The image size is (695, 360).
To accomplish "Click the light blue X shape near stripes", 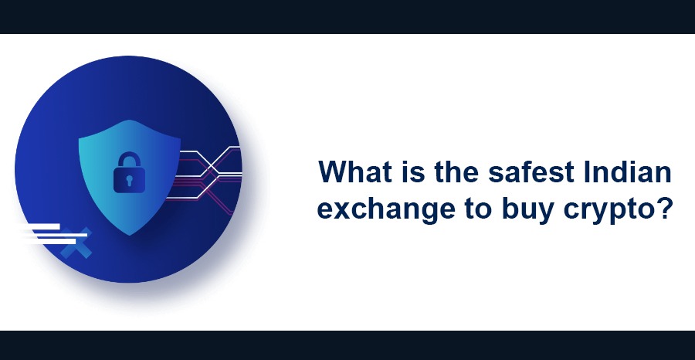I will [78, 243].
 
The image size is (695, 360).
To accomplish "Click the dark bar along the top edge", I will [347, 16].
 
